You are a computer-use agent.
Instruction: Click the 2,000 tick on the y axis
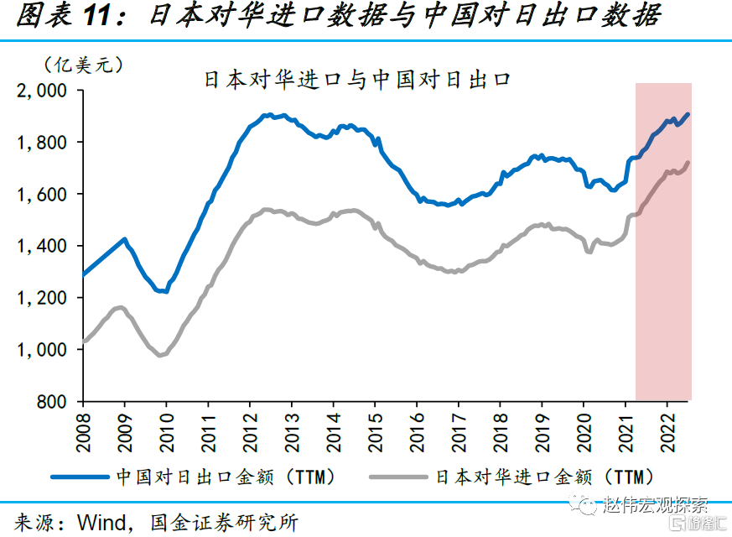[x=43, y=91]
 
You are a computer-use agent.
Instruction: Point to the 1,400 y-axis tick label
[x=43, y=246]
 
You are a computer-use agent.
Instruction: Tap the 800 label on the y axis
[x=53, y=402]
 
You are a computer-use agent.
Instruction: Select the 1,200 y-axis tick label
[x=43, y=298]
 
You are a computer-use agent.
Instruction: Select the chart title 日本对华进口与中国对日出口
[x=357, y=81]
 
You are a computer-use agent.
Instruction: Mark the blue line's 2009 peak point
[x=125, y=239]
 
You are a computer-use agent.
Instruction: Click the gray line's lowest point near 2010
[x=159, y=355]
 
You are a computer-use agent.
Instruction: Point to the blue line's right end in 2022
[x=688, y=114]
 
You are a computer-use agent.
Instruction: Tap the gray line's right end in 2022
[x=688, y=163]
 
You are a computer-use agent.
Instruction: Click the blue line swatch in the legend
[x=80, y=477]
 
